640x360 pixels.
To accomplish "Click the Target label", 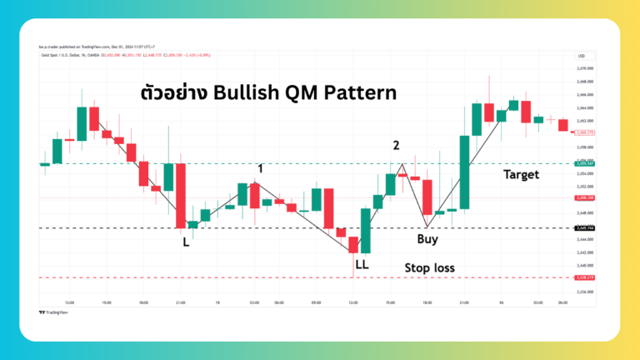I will coord(521,174).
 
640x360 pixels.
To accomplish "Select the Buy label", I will coord(427,239).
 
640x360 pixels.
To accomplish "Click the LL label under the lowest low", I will coord(362,264).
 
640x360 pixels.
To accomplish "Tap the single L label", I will coord(186,242).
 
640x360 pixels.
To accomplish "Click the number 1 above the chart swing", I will coord(261,168).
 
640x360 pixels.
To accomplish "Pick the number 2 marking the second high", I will coord(396,146).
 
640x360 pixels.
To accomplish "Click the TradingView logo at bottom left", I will coord(54,312).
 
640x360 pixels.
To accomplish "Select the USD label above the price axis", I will coord(581,56).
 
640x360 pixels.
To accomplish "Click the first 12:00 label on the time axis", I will coord(70,302).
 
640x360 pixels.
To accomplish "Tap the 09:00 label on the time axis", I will coord(316,302).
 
